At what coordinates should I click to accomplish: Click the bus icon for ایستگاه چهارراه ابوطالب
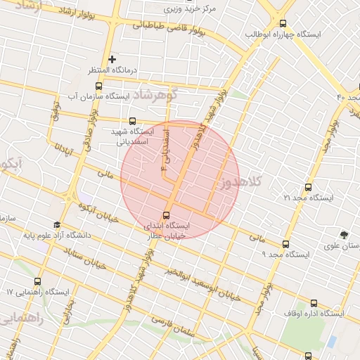pyautogui.click(x=283, y=23)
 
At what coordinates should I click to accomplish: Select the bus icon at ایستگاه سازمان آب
pyautogui.click(x=98, y=86)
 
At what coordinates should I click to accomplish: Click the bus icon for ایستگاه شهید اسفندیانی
pyautogui.click(x=133, y=121)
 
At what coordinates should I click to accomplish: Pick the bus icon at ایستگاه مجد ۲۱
pyautogui.click(x=308, y=188)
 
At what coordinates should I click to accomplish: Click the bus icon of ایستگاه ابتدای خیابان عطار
pyautogui.click(x=166, y=215)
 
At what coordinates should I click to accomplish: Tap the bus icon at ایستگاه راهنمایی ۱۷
pyautogui.click(x=37, y=281)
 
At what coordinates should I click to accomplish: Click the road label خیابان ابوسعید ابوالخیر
pyautogui.click(x=204, y=282)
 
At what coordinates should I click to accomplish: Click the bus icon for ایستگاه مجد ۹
pyautogui.click(x=285, y=244)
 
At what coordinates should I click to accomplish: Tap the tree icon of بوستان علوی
pyautogui.click(x=343, y=235)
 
